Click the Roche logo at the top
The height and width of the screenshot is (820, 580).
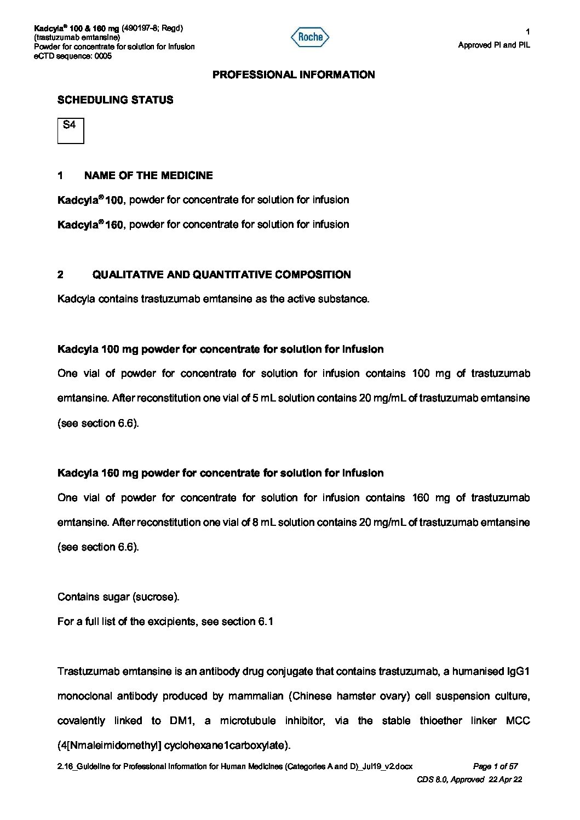(x=310, y=37)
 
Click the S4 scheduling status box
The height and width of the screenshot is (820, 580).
(x=71, y=130)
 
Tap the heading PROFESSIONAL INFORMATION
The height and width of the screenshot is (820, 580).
(x=294, y=75)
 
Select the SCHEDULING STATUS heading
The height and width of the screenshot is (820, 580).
(x=115, y=100)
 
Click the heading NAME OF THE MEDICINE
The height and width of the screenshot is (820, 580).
(x=148, y=176)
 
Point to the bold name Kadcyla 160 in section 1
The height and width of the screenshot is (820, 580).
(x=90, y=225)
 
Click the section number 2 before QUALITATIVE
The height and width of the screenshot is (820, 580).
(x=60, y=275)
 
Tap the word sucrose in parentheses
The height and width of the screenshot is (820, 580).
(x=156, y=597)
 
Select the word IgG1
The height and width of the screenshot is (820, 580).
(x=519, y=672)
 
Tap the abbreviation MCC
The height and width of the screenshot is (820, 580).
(x=519, y=721)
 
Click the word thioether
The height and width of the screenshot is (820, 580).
(x=440, y=721)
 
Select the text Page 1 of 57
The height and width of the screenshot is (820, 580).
(x=495, y=767)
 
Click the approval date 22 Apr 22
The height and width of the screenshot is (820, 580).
(x=504, y=779)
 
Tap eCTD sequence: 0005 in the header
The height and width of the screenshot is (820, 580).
(x=73, y=56)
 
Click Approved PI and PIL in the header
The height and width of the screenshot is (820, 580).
(x=494, y=45)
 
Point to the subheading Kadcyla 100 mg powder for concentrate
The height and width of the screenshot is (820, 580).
(x=220, y=349)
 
